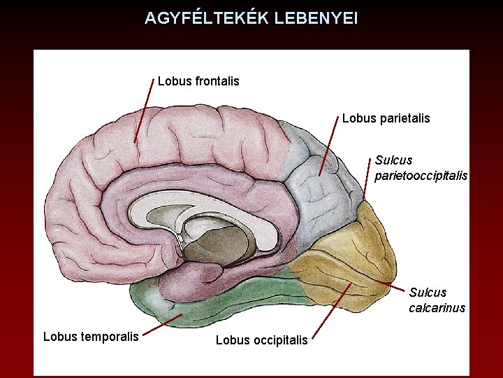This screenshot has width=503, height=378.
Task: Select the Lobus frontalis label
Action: tap(198, 81)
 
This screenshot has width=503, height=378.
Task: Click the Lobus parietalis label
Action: tap(386, 118)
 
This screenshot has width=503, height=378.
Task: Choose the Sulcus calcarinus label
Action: tap(437, 300)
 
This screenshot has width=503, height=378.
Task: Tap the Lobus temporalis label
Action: tap(91, 336)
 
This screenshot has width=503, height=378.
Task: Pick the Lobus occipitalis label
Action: tap(261, 340)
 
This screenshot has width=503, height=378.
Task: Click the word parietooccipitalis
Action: tap(421, 176)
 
